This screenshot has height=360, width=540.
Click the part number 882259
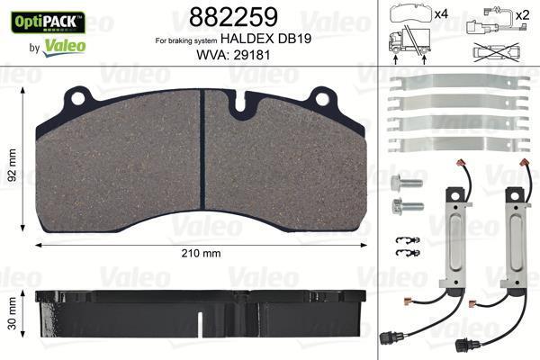click(233, 17)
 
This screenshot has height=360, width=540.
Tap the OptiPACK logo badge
click(48, 22)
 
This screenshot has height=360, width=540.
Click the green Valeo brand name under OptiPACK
click(65, 47)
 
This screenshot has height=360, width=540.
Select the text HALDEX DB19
click(265, 39)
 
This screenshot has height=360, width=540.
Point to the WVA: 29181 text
click(233, 55)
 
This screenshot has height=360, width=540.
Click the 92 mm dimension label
click(12, 165)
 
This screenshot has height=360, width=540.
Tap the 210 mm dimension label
click(201, 253)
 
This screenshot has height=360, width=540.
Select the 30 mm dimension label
click(12, 313)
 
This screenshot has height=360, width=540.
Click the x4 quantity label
click(441, 14)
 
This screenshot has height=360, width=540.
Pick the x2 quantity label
click(522, 14)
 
